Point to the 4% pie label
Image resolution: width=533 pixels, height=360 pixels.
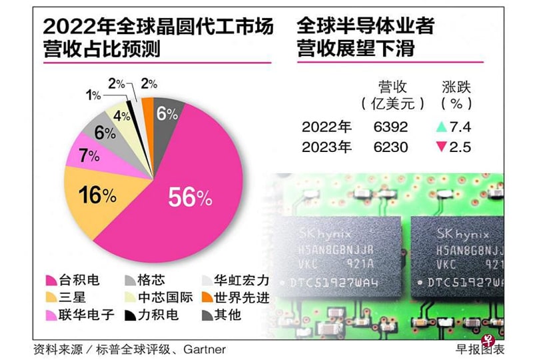pos(121,116)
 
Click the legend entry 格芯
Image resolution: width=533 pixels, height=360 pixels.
pos(150,281)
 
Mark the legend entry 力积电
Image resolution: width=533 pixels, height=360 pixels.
pos(157,315)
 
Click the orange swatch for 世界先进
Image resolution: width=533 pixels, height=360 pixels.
pos(207,297)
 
